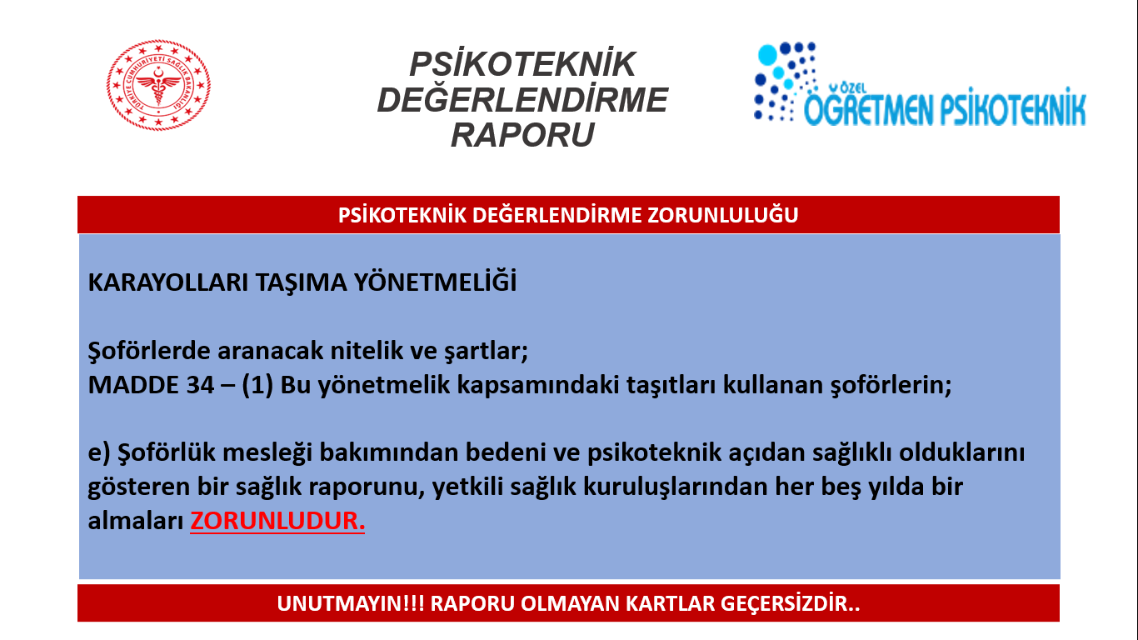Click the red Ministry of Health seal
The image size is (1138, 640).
click(158, 85)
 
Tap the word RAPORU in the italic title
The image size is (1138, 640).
click(522, 135)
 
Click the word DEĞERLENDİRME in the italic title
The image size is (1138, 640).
click(522, 100)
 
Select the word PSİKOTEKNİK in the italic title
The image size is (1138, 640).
click(522, 64)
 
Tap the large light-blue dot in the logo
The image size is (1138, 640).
click(767, 55)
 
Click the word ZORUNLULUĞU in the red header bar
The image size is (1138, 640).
click(722, 215)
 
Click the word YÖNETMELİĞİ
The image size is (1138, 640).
click(435, 282)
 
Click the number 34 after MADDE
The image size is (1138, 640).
click(200, 385)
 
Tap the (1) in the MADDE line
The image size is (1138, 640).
click(257, 385)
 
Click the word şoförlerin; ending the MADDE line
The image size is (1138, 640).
click(891, 385)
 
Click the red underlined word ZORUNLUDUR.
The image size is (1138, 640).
click(277, 521)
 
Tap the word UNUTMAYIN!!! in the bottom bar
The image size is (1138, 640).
click(351, 603)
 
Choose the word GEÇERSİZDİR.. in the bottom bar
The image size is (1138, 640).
click(790, 603)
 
